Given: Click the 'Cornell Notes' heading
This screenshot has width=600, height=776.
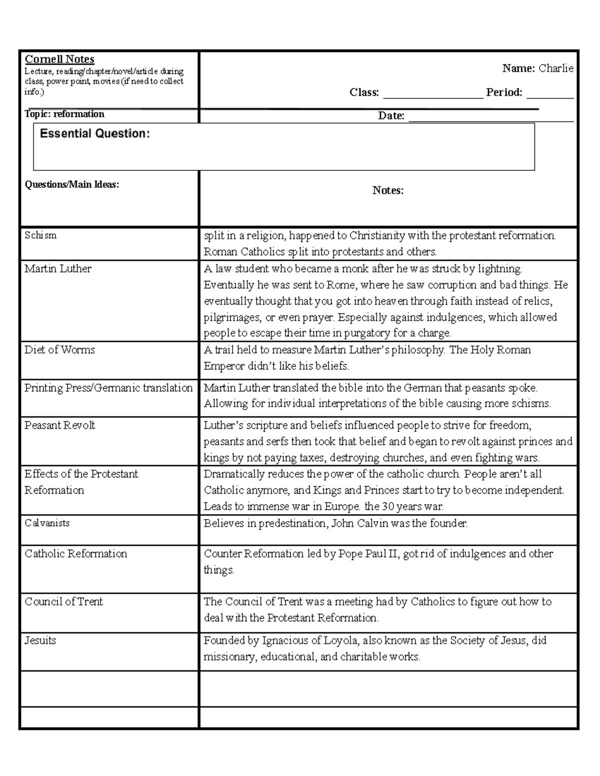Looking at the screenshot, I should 59,59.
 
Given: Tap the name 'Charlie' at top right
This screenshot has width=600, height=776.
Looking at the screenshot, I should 555,68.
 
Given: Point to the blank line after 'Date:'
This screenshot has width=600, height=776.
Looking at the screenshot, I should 490,117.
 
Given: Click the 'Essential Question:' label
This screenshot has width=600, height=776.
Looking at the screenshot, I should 94,133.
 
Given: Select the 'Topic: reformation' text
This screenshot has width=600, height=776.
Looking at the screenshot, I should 64,114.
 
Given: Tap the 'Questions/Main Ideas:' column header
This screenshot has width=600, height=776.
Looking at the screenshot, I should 72,184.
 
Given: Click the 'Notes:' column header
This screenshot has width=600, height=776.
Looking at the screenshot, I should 388,190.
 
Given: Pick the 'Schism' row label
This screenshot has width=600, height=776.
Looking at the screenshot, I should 40,235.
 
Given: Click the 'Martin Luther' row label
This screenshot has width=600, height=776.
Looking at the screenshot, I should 58,269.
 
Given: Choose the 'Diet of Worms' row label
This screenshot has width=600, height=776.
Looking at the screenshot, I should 59,350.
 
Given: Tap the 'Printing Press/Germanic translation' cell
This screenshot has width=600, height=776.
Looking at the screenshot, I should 108,388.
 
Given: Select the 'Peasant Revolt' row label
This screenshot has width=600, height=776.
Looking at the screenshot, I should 59,425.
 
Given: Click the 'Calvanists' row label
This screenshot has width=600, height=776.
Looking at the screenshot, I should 47,523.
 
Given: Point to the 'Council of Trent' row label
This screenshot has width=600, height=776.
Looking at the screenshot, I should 63,602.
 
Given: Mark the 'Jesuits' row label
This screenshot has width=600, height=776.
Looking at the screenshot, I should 40,641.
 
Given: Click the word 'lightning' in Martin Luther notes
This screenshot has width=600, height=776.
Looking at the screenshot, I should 499,269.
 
